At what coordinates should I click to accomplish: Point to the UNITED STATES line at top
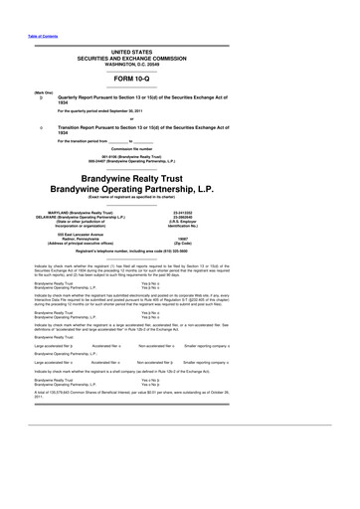tap(180, 49)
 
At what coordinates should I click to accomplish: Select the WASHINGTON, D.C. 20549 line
tap(180, 61)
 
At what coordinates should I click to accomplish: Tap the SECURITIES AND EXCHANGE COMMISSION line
tap(180, 55)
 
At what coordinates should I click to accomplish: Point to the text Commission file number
tap(180, 149)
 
